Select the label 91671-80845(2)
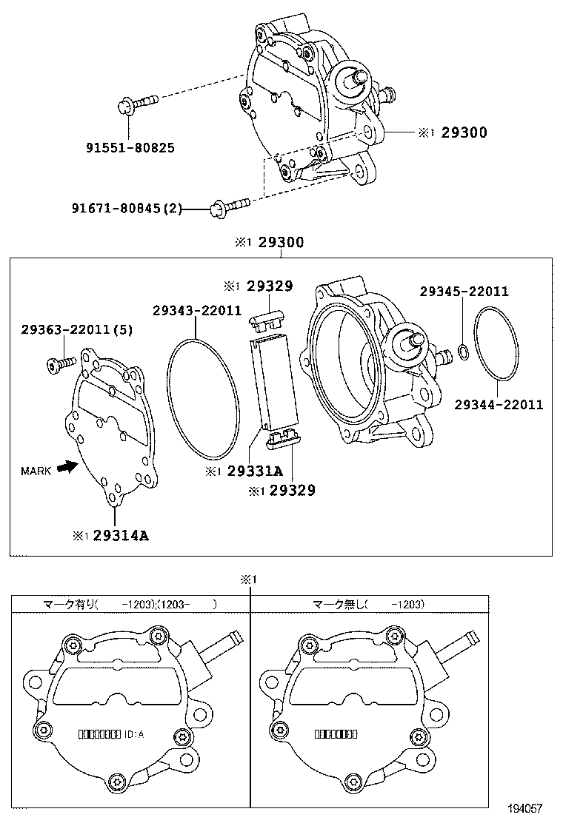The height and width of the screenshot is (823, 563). pos(126,209)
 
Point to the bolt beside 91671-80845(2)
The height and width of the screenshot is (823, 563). pos(230,206)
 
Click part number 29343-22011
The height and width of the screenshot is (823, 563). pos(197,310)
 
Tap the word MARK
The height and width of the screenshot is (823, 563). pos(36,471)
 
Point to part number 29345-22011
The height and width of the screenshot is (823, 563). pos(464,292)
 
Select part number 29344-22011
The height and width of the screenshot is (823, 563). pos(499,405)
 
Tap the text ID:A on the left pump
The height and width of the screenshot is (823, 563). pos(134,734)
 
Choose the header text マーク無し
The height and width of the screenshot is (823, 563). pos(339,604)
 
